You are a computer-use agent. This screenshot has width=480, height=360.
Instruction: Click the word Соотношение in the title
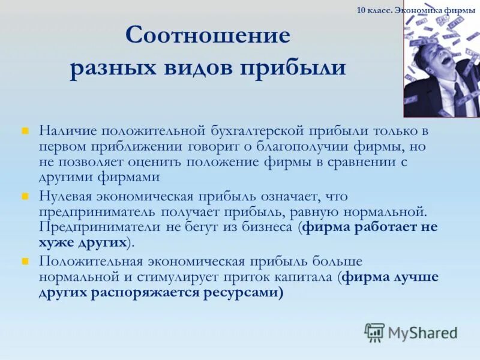click(x=208, y=35)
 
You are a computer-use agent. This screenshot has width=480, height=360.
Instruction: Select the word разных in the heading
click(x=111, y=67)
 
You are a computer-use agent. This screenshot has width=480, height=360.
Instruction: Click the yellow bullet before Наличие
click(x=26, y=130)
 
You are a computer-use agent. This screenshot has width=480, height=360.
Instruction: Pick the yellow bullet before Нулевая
click(x=26, y=196)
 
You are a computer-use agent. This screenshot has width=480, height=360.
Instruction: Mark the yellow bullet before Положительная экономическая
click(x=26, y=261)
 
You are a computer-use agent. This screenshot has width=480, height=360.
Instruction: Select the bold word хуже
click(x=57, y=243)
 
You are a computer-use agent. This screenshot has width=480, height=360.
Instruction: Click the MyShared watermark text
click(x=422, y=332)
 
